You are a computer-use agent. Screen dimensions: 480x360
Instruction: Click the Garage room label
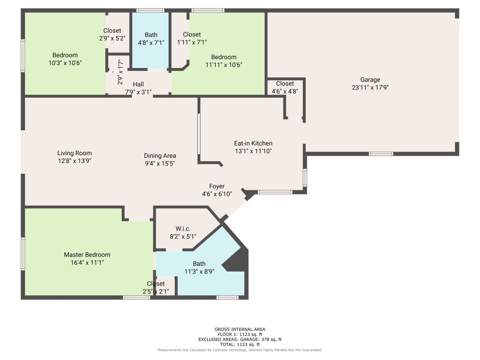(370, 80)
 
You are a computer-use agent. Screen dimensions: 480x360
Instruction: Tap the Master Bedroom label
(87, 255)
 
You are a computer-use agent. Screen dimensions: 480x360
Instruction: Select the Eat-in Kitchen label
(253, 143)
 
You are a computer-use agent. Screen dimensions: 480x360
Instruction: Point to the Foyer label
(217, 186)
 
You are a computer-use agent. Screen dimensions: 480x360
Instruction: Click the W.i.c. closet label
(183, 229)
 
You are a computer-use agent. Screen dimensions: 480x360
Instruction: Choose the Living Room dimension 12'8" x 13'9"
(74, 161)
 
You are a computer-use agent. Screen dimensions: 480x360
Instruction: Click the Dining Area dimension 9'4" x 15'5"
(160, 164)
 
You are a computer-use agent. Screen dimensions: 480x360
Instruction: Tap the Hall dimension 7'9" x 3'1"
(138, 92)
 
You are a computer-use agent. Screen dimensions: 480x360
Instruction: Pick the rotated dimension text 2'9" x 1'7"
(120, 73)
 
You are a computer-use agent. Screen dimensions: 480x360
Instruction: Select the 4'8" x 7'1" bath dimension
(151, 43)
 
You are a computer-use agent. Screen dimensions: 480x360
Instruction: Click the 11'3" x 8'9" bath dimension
(199, 272)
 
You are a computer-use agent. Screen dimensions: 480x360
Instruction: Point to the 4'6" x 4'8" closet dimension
(285, 91)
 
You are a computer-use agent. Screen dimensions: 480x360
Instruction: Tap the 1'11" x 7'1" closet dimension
(192, 42)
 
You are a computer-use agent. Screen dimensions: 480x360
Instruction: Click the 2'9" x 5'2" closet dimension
(112, 38)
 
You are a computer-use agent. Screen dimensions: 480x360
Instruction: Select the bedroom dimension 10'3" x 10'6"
(65, 63)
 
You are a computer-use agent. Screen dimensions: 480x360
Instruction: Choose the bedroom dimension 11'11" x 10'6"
(224, 65)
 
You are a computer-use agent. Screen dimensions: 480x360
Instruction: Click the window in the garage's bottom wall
(381, 154)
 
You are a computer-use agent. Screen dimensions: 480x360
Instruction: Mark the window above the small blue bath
(150, 10)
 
